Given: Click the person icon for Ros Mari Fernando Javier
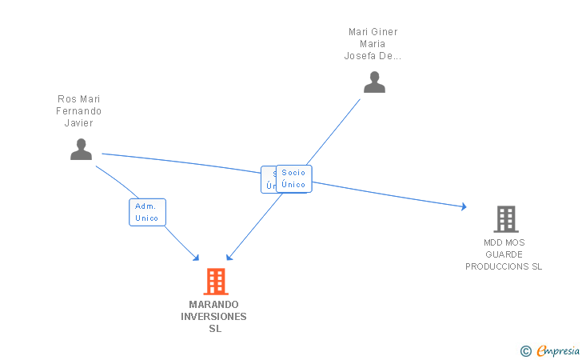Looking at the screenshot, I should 81,150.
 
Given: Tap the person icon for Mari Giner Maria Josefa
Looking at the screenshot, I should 374,82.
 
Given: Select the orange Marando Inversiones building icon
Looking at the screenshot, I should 215,282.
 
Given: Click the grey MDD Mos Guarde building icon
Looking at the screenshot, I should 504,218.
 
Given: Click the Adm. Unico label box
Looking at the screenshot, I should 147,212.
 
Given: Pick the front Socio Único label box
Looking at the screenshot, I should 293,178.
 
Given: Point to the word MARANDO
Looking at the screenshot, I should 214,305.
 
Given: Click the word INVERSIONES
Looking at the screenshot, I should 214,317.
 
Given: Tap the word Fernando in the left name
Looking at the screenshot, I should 79,111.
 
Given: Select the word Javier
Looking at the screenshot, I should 79,123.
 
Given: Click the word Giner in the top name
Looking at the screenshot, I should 383,32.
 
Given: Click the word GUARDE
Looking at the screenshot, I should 504,254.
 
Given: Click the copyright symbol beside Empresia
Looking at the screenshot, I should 525,350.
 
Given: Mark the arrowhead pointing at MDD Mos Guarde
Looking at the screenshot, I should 463,206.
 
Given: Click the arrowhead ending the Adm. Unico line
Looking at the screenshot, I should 196,258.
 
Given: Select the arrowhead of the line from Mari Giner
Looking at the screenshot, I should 229,258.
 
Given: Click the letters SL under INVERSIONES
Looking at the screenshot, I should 214,329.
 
